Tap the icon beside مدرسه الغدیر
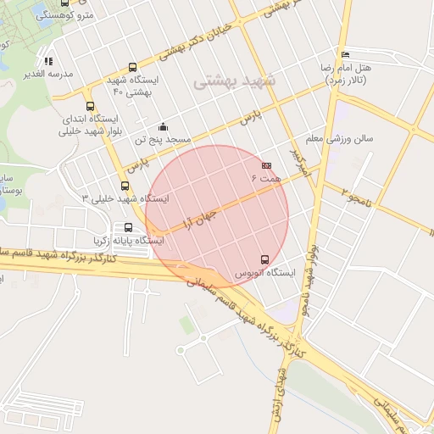click(x=48, y=61)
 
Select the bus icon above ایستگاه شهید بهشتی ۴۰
click(x=131, y=67)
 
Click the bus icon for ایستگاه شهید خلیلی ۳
click(x=125, y=186)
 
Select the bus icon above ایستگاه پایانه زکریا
click(x=128, y=227)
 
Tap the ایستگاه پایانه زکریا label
click(x=128, y=240)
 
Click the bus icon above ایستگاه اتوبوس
click(x=265, y=259)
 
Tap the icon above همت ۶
click(x=266, y=164)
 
